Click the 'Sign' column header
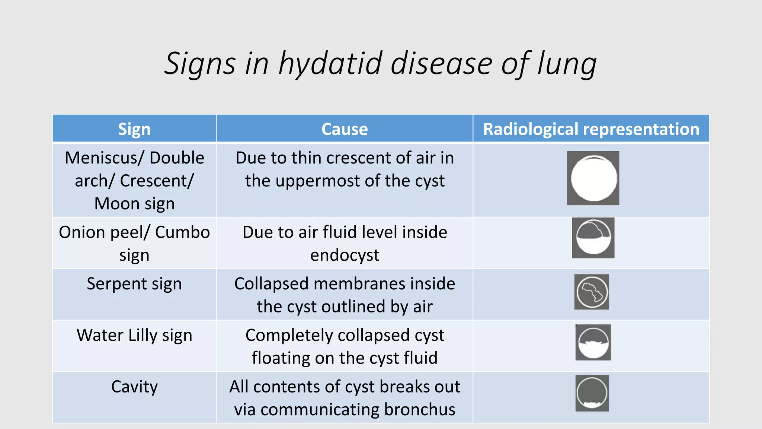(134, 129)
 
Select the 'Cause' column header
(345, 129)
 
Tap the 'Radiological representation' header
(591, 129)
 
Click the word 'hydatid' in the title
(330, 63)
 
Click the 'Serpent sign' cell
(134, 284)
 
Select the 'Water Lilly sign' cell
(134, 335)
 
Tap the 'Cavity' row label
(134, 387)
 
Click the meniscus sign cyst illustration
(593, 178)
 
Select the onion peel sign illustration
(593, 238)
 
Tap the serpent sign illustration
(592, 292)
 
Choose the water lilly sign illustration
(593, 343)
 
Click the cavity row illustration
(592, 393)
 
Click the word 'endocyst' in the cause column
(345, 255)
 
